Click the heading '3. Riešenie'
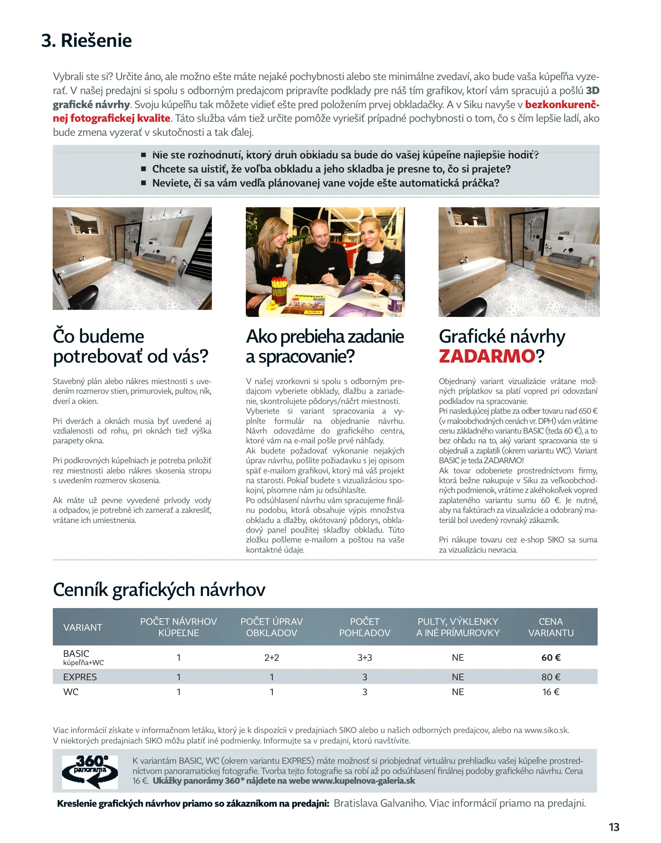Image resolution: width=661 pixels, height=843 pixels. [x=86, y=41]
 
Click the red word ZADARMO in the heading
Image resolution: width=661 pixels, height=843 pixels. [x=487, y=356]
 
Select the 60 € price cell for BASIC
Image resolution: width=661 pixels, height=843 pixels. [x=551, y=658]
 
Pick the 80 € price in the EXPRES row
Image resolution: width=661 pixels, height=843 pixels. [x=551, y=677]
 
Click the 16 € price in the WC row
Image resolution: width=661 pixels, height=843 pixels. [x=551, y=692]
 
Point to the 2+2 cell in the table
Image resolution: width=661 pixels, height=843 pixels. [x=272, y=658]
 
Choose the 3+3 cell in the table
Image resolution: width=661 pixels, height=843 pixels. [x=364, y=658]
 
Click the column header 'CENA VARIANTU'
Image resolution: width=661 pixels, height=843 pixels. [x=551, y=627]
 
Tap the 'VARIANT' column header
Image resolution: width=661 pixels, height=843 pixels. [x=83, y=627]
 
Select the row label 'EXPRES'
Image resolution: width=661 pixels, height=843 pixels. [x=80, y=677]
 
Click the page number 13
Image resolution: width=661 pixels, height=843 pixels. [x=614, y=827]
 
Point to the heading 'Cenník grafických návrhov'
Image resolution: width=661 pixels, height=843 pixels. [x=159, y=589]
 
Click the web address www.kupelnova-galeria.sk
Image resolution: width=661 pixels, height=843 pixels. [x=363, y=781]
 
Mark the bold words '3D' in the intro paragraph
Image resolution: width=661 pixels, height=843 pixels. [x=592, y=91]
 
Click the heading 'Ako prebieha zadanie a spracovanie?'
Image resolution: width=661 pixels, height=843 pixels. [x=325, y=346]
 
